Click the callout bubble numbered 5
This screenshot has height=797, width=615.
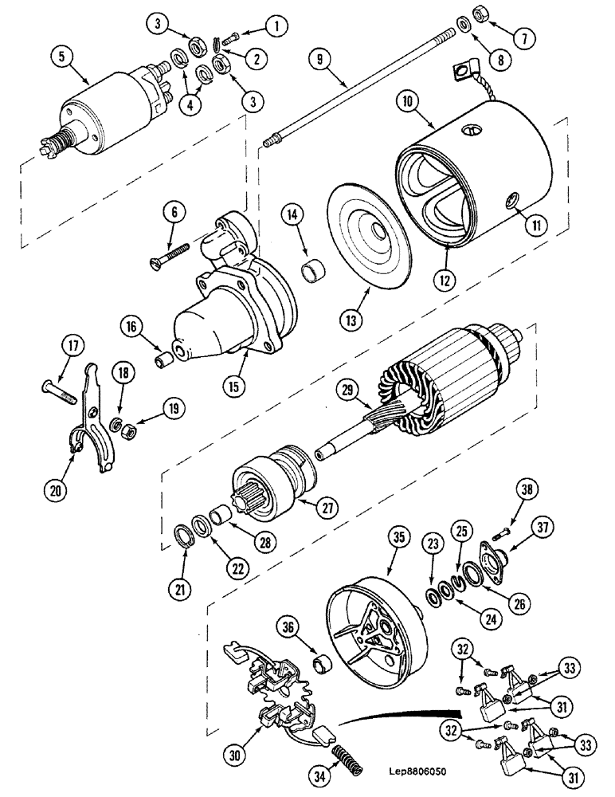[x=60, y=57]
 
